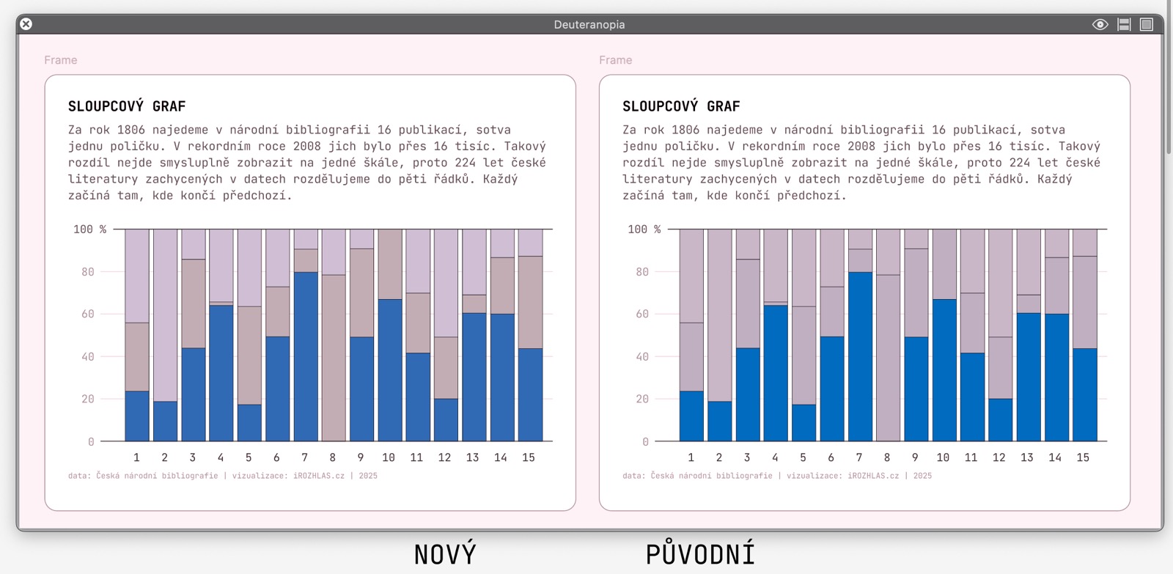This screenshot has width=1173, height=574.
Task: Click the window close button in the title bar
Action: pyautogui.click(x=26, y=24)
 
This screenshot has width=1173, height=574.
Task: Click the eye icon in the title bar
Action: pyautogui.click(x=1100, y=24)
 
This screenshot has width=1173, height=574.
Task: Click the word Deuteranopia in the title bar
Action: pyautogui.click(x=589, y=25)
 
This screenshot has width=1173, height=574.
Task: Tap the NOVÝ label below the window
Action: pyautogui.click(x=445, y=555)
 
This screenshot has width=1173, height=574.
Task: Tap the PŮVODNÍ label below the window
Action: pyautogui.click(x=700, y=555)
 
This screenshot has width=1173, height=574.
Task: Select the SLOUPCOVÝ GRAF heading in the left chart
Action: pyautogui.click(x=127, y=106)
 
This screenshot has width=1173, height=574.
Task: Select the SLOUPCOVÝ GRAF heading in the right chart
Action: pyautogui.click(x=681, y=106)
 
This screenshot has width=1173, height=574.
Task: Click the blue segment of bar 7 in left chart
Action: pyautogui.click(x=306, y=356)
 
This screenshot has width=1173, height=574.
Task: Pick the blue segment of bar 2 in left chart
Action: pyautogui.click(x=165, y=421)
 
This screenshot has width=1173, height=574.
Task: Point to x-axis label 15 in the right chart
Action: pyautogui.click(x=1083, y=457)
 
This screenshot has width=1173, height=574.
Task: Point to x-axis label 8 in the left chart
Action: pyautogui.click(x=333, y=457)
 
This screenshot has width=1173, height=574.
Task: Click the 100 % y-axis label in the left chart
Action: pyautogui.click(x=89, y=229)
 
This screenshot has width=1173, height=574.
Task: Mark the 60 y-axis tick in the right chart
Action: pyautogui.click(x=642, y=314)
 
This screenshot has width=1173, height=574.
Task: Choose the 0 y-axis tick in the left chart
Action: pyautogui.click(x=91, y=442)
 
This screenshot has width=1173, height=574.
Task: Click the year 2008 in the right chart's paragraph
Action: pyautogui.click(x=861, y=147)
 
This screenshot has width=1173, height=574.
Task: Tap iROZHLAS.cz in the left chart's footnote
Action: pyautogui.click(x=319, y=476)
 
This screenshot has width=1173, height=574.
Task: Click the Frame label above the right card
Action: pyautogui.click(x=615, y=60)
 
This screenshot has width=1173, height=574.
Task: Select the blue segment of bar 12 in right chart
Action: pyautogui.click(x=1000, y=420)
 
